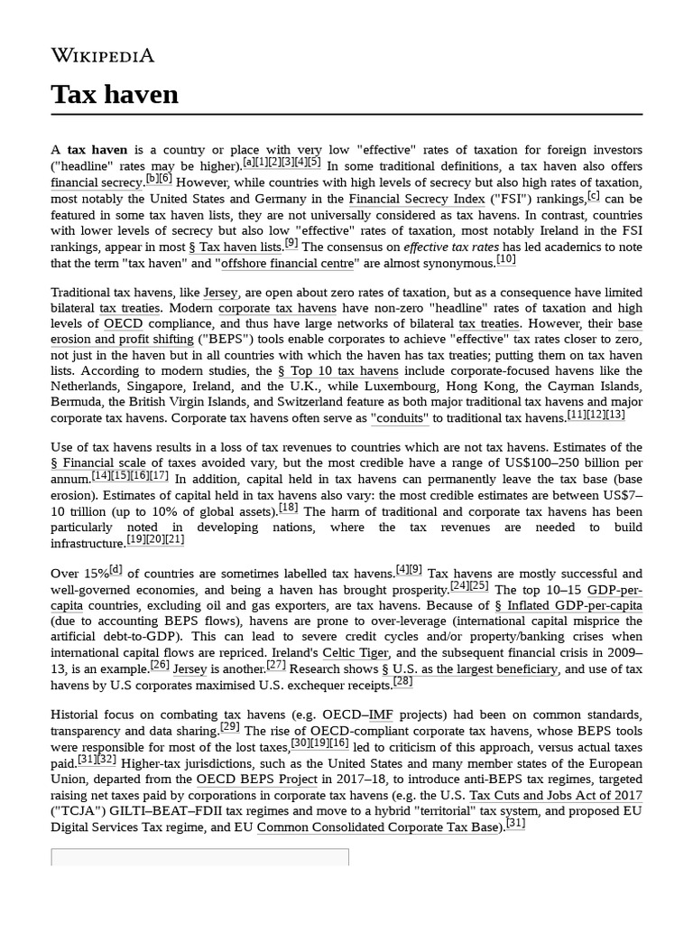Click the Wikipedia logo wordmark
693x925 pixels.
coord(102,56)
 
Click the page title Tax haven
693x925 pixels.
coord(115,94)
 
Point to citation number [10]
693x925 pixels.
coord(506,260)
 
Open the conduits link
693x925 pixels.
coord(400,419)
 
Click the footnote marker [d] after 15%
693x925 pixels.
coord(116,570)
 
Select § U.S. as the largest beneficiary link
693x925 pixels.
coord(469,669)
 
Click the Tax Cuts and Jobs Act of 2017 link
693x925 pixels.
coord(556,796)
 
